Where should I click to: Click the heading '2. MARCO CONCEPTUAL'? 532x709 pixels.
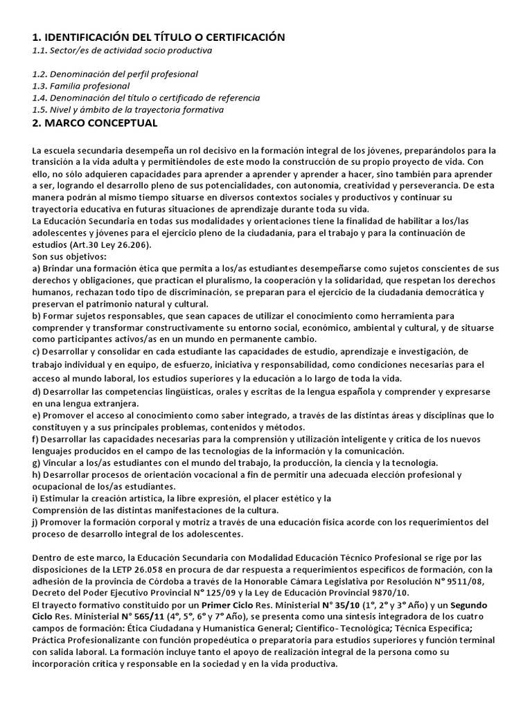tap(95, 123)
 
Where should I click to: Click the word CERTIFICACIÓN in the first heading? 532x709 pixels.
tap(240, 37)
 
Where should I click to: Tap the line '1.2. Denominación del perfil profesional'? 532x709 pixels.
tap(115, 74)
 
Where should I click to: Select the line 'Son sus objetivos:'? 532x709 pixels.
tap(69, 257)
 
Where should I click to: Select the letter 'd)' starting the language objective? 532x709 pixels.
tap(37, 391)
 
